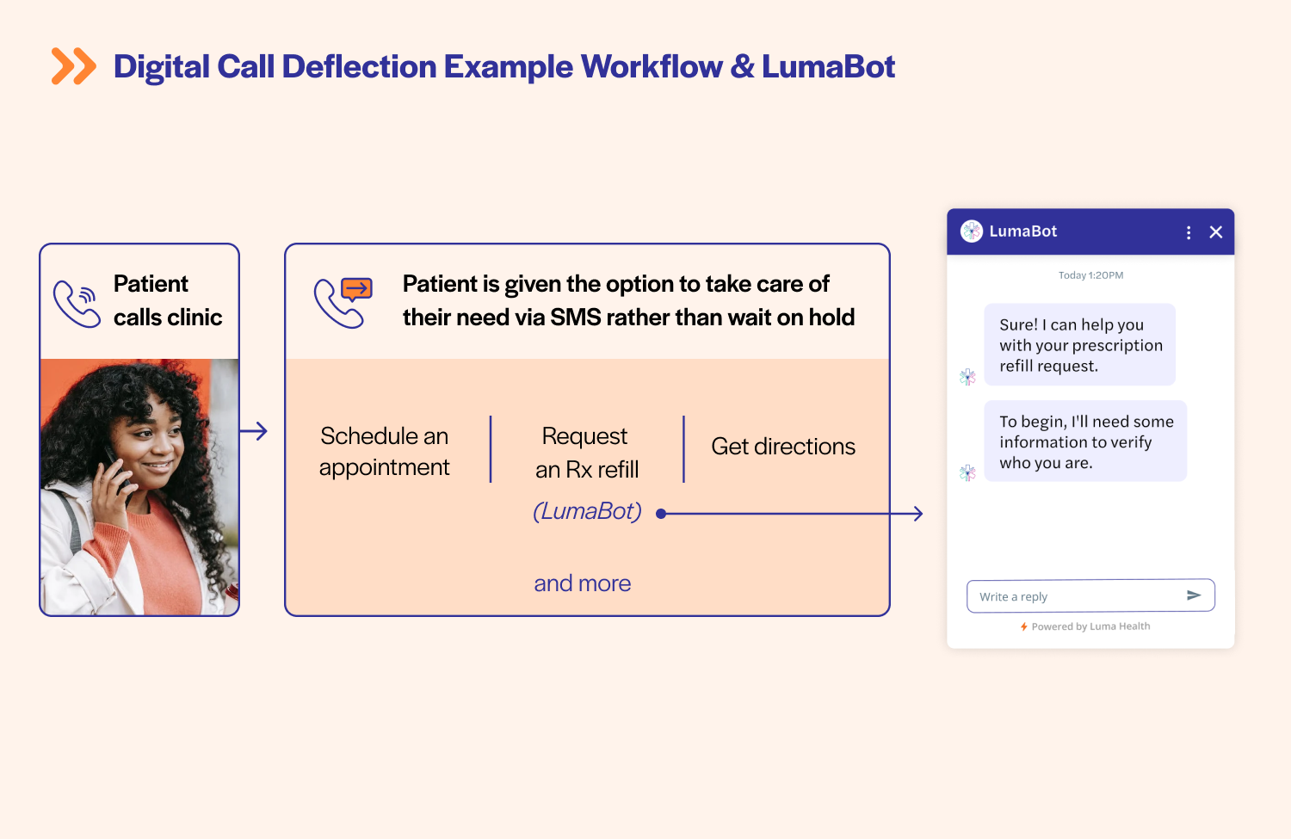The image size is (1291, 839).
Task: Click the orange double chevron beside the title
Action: [x=73, y=66]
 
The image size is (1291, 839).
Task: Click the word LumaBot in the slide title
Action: [x=828, y=67]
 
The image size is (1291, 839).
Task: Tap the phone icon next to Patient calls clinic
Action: [x=77, y=303]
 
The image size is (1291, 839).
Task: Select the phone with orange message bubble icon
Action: [x=343, y=302]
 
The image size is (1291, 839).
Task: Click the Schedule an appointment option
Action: [x=384, y=451]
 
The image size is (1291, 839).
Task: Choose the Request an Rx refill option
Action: [x=586, y=452]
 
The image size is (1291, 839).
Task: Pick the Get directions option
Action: [x=782, y=447]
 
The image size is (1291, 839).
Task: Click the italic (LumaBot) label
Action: [x=587, y=511]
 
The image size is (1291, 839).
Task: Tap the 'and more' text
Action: [x=582, y=583]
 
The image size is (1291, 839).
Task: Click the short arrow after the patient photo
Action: [x=254, y=431]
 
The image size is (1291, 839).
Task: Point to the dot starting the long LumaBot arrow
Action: [x=661, y=514]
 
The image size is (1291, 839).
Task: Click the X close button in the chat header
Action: [x=1215, y=232]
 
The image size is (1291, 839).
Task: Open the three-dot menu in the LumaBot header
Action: [x=1189, y=232]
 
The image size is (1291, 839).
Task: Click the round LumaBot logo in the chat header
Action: [x=972, y=231]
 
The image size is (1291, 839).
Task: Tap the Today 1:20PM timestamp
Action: [x=1090, y=275]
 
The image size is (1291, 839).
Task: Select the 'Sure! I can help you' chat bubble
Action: [x=1079, y=345]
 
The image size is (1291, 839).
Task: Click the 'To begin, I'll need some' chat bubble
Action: [x=1084, y=441]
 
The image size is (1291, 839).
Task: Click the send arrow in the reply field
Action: [x=1194, y=595]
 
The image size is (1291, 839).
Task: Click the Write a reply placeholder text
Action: [x=1013, y=597]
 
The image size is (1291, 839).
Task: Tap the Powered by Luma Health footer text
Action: [x=1090, y=626]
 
